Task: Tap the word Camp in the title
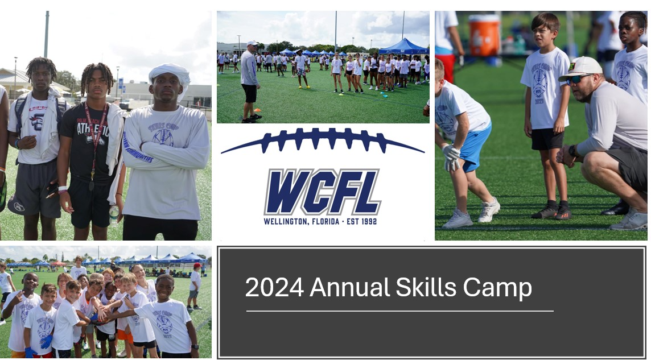[497, 288]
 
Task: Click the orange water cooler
[484, 35]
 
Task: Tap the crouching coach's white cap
[581, 68]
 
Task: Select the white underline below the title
[399, 311]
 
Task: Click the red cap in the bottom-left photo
[197, 266]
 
